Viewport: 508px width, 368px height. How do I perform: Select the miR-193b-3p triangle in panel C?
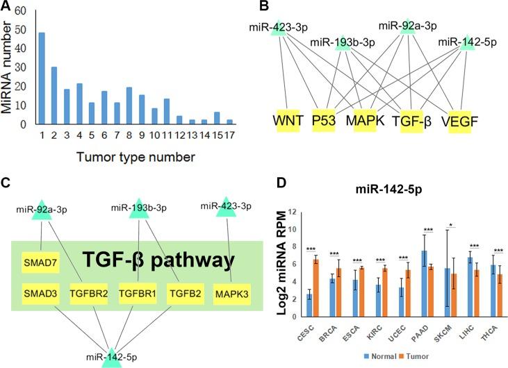pos(136,208)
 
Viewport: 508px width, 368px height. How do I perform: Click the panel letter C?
pos(7,184)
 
